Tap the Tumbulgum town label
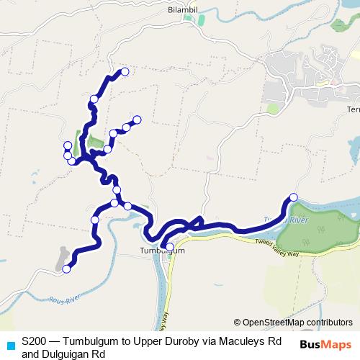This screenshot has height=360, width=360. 158,251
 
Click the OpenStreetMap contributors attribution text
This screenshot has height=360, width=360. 293,323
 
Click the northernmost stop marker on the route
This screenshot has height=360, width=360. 125,71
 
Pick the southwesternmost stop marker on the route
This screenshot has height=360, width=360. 66,269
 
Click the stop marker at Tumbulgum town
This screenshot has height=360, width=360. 170,246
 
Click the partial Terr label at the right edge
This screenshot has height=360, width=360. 353,109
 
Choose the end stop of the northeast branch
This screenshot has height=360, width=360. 137,120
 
